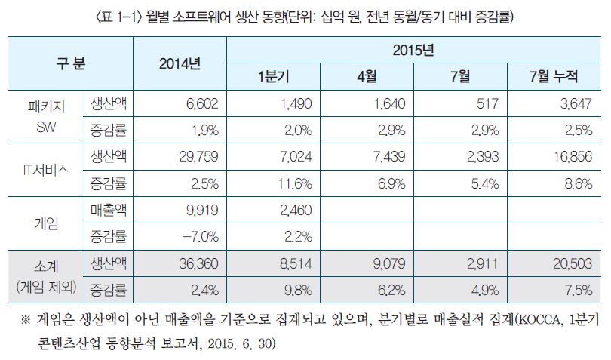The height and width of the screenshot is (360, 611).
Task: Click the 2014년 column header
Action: tap(180, 63)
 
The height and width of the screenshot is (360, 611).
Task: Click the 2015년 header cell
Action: tap(413, 51)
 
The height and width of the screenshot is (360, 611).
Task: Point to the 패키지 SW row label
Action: tap(42, 116)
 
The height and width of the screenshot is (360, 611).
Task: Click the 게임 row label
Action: tap(42, 223)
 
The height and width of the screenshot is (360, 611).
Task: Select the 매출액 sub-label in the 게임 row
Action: tap(107, 209)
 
